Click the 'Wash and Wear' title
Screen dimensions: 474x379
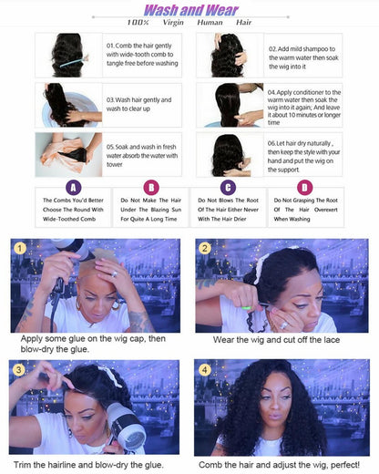click(189, 9)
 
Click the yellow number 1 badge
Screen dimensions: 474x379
click(19, 247)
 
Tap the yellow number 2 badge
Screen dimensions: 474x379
click(205, 247)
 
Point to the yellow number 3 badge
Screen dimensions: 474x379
click(19, 368)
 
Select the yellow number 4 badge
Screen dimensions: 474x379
click(205, 368)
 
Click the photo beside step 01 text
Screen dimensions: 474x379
click(68, 54)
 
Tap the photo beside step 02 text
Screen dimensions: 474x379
click(230, 54)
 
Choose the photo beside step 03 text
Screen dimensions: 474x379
click(68, 103)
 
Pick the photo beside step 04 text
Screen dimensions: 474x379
click(230, 103)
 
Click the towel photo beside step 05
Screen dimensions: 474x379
click(68, 152)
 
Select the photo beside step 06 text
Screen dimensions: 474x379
click(230, 152)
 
